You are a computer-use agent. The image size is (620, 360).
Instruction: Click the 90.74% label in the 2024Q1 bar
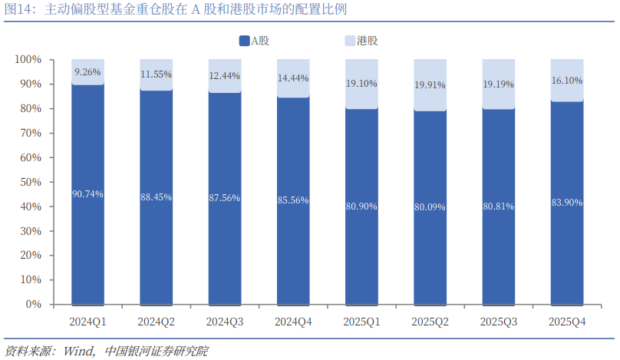coord(87,194)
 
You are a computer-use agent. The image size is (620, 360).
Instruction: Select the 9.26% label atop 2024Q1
coord(87,72)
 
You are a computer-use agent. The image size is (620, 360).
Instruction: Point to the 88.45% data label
coord(156,197)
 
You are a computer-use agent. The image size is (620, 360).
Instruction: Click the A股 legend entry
coord(254,41)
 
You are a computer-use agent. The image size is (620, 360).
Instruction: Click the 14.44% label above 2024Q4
coord(292,78)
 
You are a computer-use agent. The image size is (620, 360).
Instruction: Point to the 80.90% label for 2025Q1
coord(361,206)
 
